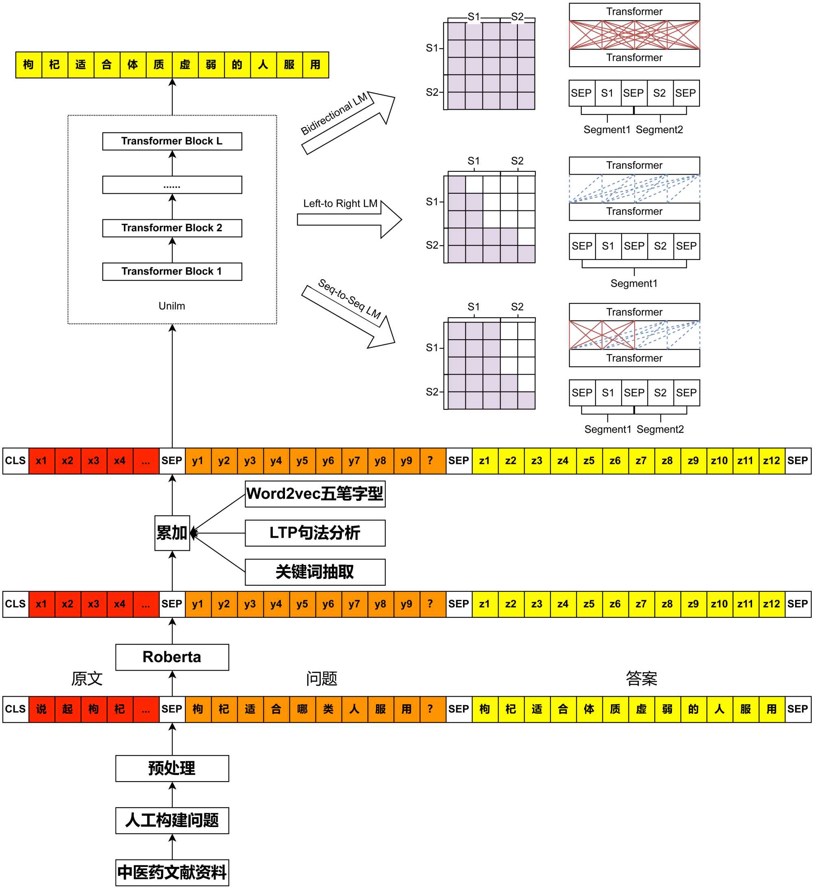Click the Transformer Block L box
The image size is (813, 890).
click(172, 141)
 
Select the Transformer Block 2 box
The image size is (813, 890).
click(172, 228)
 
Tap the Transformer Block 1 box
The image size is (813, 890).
click(172, 271)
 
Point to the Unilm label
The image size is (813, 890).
click(172, 306)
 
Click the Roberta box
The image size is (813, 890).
click(172, 657)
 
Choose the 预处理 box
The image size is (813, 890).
click(172, 768)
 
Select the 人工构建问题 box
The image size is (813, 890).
click(172, 820)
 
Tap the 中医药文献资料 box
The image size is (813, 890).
click(172, 873)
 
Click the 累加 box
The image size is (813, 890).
click(172, 533)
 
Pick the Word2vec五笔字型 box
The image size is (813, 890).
click(315, 494)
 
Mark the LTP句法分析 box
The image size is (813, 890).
click(315, 533)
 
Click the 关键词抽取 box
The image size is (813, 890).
click(315, 572)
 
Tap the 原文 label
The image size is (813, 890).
click(87, 678)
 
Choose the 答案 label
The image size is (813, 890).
click(641, 678)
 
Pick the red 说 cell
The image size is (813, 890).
click(41, 709)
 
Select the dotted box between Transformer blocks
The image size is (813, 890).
click(172, 185)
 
